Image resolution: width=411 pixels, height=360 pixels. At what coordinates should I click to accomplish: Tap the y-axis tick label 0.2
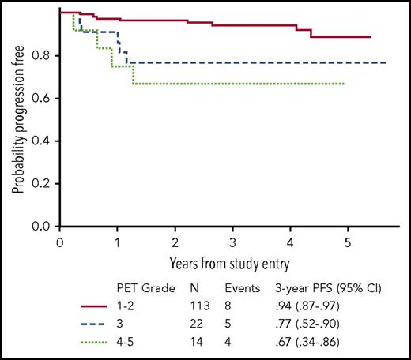click(43, 184)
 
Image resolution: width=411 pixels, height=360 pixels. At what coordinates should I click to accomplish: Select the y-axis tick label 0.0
click(43, 227)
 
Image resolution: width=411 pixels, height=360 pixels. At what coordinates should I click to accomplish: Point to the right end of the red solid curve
click(371, 37)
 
